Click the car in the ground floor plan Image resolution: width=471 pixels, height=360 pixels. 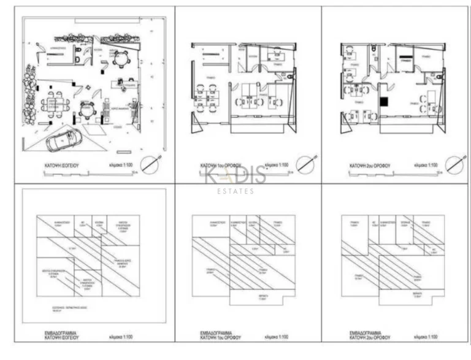pyautogui.click(x=63, y=142)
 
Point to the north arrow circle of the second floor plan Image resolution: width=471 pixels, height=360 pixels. pyautogui.click(x=454, y=164)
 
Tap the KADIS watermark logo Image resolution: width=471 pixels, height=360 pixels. pyautogui.click(x=235, y=176)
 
